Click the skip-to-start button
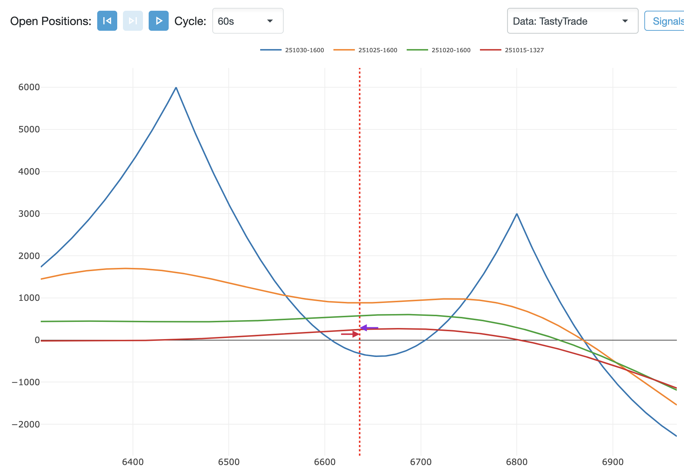click(x=107, y=21)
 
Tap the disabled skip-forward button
click(x=133, y=21)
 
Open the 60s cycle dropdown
click(x=248, y=21)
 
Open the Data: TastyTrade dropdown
click(x=572, y=21)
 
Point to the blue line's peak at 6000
click(x=176, y=87)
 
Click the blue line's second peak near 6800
click(x=517, y=214)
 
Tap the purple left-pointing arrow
click(x=368, y=328)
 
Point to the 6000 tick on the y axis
click(x=29, y=87)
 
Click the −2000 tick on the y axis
click(x=26, y=425)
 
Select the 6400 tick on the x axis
click(x=133, y=462)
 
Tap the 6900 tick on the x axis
click(x=613, y=462)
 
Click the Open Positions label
click(x=51, y=21)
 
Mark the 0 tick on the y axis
click(x=37, y=340)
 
